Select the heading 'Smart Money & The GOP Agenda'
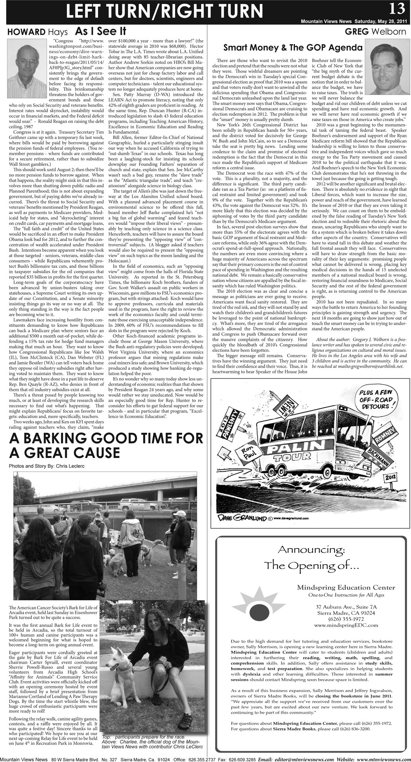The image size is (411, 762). click(x=293, y=48)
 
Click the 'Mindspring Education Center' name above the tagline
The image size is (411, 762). click(x=346, y=587)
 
